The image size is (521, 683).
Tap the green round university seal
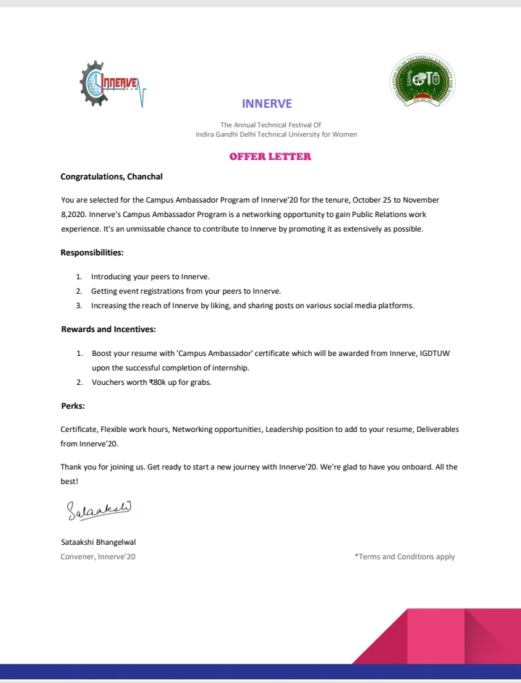(x=419, y=82)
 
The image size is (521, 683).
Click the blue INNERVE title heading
(x=267, y=103)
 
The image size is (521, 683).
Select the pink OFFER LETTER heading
(x=270, y=156)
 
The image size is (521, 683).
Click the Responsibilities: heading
(x=92, y=253)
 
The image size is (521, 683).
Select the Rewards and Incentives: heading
(x=108, y=329)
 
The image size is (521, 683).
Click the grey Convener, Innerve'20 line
(x=98, y=556)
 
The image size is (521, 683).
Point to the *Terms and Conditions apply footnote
(x=404, y=556)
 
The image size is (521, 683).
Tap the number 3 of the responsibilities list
(x=79, y=306)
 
